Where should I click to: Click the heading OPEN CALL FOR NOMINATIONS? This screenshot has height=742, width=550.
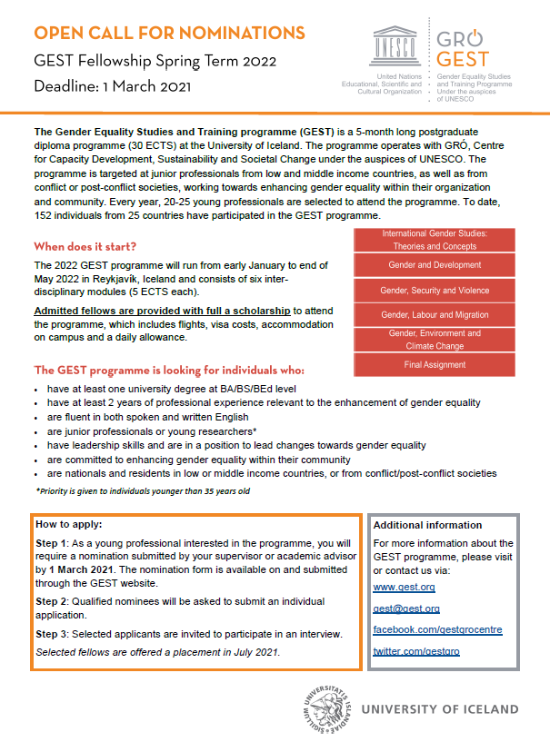point(169,34)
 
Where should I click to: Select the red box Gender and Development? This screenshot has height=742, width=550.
point(434,265)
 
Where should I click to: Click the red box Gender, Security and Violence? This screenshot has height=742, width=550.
point(434,291)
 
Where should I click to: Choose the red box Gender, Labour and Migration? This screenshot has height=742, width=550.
point(434,315)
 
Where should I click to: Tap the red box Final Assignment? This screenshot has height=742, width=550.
point(434,364)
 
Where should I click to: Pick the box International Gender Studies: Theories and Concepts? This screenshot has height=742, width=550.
point(434,240)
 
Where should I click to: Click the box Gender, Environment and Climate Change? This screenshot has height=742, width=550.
point(434,340)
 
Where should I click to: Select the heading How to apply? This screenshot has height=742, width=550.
point(69,524)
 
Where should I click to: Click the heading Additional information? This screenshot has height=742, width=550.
point(427,525)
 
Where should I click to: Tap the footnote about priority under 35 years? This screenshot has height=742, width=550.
point(143,490)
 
